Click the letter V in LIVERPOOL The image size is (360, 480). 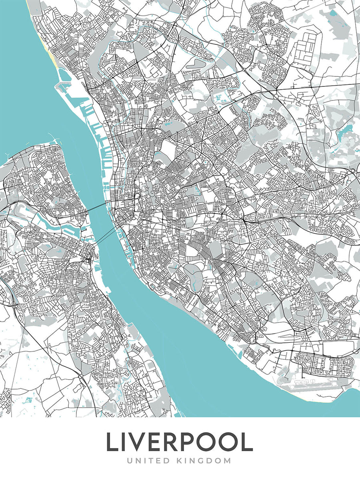[x=138, y=442]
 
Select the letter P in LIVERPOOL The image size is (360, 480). [x=194, y=442]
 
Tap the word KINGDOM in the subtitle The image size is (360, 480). [x=204, y=461]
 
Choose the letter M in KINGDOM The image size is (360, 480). [x=227, y=461]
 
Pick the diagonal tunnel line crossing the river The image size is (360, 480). [x=106, y=236]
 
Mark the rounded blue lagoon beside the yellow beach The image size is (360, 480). [x=64, y=74]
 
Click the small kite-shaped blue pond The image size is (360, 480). [x=28, y=400]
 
